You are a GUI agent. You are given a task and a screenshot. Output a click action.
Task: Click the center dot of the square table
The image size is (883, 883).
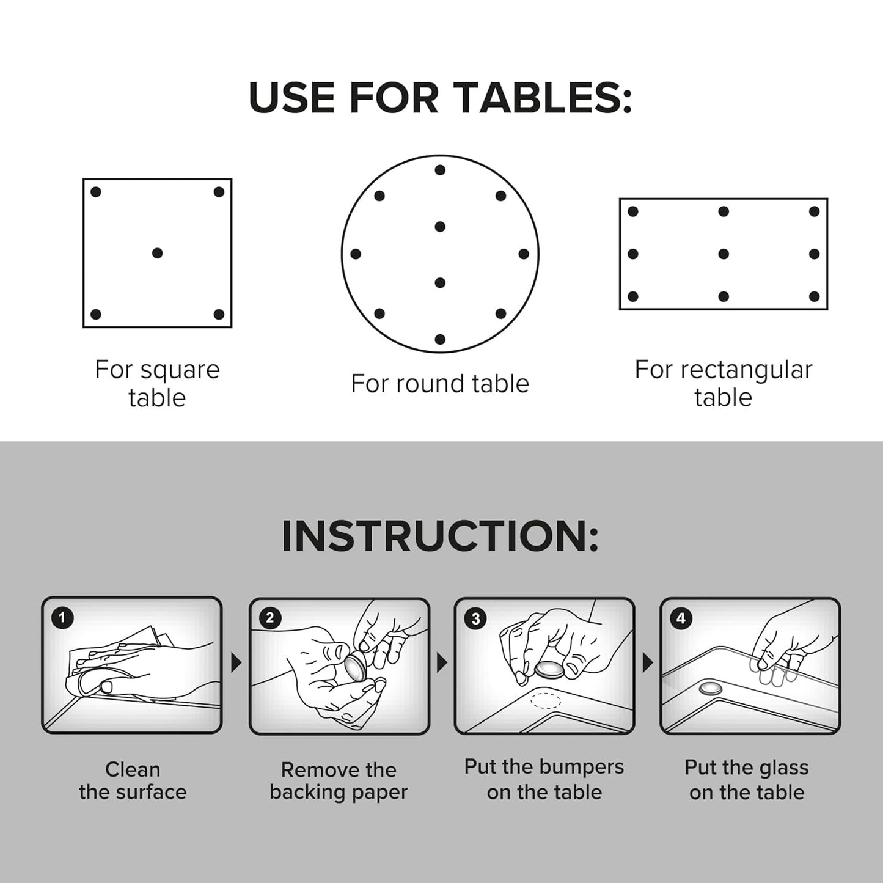(157, 253)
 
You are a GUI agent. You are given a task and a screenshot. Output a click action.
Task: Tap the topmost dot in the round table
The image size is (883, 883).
(440, 170)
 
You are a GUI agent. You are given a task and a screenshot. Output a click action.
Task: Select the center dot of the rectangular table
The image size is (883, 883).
(724, 254)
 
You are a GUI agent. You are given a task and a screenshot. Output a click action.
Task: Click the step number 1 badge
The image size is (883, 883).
(61, 618)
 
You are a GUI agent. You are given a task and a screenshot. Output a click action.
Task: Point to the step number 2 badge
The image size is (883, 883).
(269, 618)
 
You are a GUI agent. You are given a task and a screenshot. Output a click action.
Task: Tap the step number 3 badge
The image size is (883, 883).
(475, 618)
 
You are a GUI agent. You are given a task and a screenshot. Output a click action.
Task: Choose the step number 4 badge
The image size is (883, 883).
(681, 618)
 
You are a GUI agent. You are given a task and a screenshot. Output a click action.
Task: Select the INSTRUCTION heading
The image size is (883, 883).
(440, 537)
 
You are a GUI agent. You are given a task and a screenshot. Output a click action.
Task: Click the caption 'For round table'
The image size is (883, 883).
(440, 384)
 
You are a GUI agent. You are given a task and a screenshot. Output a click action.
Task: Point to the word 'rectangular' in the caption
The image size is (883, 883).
(746, 370)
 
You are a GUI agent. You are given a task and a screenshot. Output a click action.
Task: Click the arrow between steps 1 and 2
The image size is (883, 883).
(236, 663)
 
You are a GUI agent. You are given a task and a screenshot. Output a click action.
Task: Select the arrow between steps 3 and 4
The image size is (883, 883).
(648, 663)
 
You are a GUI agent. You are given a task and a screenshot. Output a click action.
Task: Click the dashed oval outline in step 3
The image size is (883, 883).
(545, 700)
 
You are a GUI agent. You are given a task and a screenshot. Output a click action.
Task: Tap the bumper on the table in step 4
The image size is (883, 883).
(710, 689)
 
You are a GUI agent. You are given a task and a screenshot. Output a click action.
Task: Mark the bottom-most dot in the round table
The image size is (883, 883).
(440, 339)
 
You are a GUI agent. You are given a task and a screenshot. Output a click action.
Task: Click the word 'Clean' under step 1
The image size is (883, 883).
(133, 769)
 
